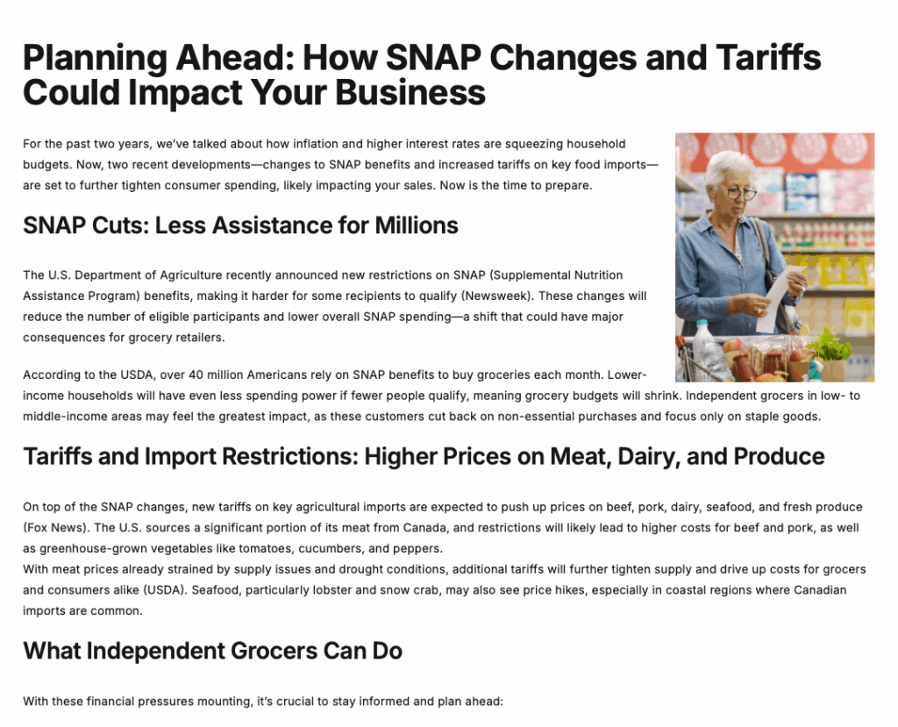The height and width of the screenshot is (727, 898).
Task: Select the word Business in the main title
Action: pyautogui.click(x=410, y=92)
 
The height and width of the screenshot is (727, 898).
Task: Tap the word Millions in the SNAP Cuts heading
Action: pyautogui.click(x=417, y=225)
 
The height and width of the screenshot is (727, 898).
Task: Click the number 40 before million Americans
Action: pyautogui.click(x=196, y=375)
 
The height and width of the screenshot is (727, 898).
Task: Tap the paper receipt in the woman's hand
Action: pyautogui.click(x=779, y=298)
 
